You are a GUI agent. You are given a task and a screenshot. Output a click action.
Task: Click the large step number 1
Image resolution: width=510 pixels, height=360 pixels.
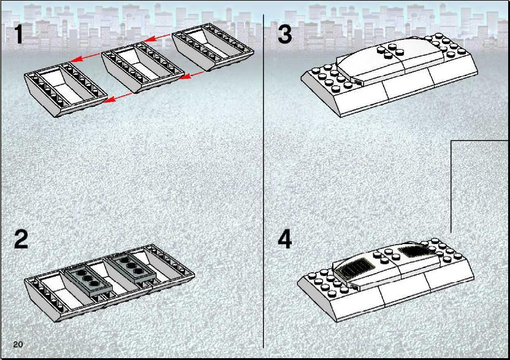(x=19, y=34)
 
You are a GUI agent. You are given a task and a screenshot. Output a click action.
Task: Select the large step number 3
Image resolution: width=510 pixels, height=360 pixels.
(x=285, y=34)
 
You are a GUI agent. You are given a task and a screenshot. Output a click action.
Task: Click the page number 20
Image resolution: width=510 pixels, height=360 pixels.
(x=18, y=345)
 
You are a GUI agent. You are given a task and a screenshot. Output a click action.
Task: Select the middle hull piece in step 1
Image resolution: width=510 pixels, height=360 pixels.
(x=142, y=67)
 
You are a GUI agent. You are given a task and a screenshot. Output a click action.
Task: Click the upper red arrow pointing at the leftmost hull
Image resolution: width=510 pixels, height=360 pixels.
(x=85, y=57)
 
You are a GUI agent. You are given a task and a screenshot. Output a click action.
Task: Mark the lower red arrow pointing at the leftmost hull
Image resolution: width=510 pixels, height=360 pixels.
(x=118, y=98)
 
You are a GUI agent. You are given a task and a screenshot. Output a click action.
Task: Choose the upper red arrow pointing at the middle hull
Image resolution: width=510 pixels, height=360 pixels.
(x=158, y=37)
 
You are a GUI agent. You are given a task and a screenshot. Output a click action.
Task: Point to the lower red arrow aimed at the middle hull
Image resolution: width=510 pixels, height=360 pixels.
(x=192, y=76)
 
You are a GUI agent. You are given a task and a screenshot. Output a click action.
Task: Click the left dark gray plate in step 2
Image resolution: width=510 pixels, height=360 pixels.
(x=88, y=279)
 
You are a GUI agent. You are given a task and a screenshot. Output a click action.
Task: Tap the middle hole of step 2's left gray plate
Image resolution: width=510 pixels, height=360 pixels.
(x=88, y=278)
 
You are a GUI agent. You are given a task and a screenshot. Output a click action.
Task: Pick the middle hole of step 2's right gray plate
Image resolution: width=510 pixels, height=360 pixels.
(x=131, y=266)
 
